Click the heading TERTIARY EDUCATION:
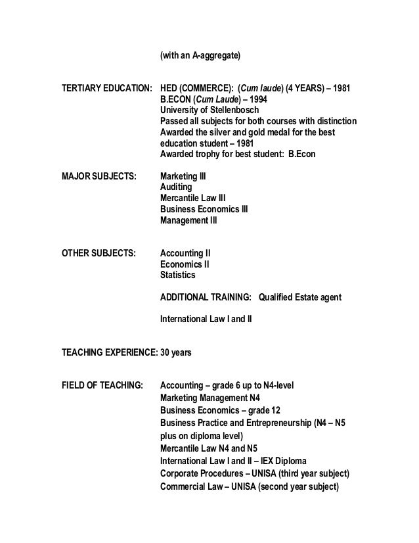(106, 87)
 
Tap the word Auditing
(177, 187)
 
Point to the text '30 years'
(176, 352)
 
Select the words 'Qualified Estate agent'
(300, 297)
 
